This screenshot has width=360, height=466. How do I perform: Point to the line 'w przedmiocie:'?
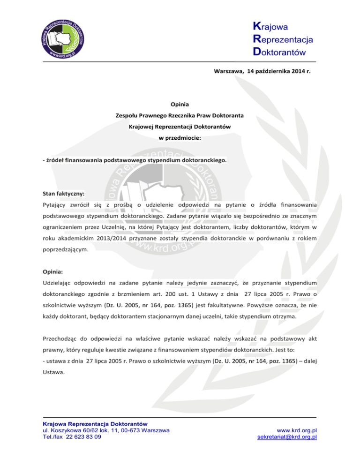pyautogui.click(x=180, y=138)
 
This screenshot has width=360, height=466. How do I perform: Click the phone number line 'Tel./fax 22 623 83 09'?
pyautogui.click(x=70, y=437)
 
